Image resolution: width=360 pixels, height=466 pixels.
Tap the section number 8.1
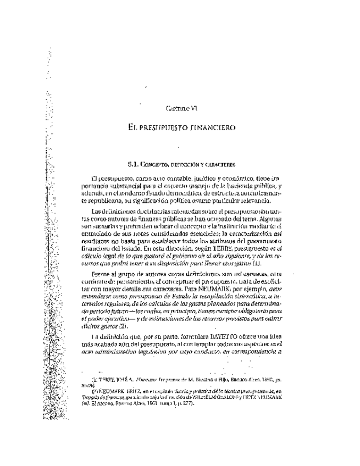click(x=134, y=164)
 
